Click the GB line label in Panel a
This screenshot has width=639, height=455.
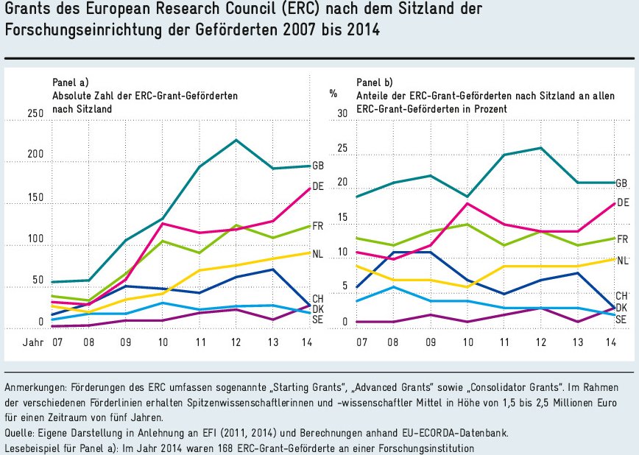click(x=318, y=165)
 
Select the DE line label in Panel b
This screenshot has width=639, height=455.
click(x=622, y=202)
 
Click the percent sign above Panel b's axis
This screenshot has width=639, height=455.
click(x=333, y=94)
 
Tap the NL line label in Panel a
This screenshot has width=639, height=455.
click(x=318, y=254)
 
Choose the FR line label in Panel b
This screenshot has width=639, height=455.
click(x=622, y=239)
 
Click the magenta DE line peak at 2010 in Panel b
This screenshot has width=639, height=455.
click(x=467, y=203)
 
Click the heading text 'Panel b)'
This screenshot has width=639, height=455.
click(x=375, y=82)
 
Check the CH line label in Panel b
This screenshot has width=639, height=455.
click(x=622, y=295)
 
